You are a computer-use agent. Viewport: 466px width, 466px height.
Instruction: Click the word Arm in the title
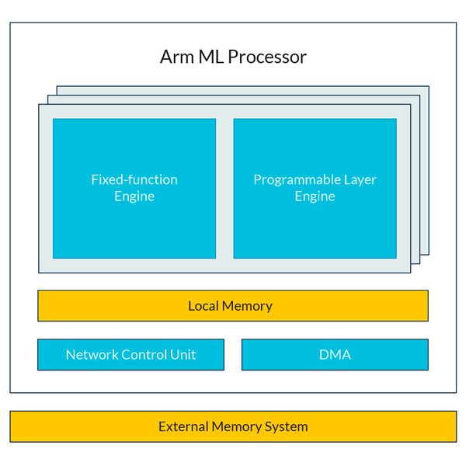click(175, 57)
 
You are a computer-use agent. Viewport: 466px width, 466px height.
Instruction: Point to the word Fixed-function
click(134, 179)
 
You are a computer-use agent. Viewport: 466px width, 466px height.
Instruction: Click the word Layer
click(358, 179)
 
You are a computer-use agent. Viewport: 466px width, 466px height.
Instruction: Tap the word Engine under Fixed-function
click(134, 196)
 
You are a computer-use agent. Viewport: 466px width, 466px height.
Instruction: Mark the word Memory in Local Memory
click(248, 305)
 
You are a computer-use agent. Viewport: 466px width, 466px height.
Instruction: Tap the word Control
click(145, 355)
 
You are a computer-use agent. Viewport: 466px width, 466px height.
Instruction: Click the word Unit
click(183, 355)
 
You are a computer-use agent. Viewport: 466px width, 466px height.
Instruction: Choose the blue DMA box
click(335, 355)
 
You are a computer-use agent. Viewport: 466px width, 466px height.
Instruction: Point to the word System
click(287, 426)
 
